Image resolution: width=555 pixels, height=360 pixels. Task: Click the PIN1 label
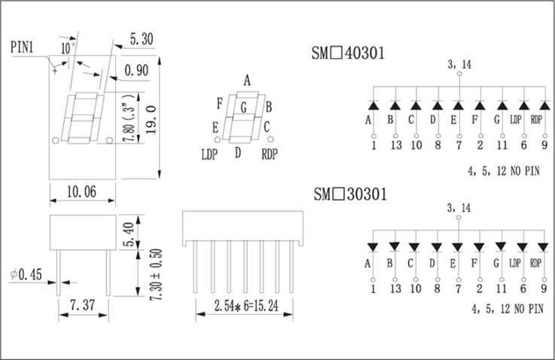click(x=23, y=47)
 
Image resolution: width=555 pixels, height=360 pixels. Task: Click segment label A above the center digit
click(x=247, y=80)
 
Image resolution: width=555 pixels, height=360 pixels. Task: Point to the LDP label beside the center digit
click(x=209, y=154)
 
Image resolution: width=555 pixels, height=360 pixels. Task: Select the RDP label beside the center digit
click(x=270, y=154)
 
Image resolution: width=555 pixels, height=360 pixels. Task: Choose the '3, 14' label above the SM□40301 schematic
click(x=459, y=65)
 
